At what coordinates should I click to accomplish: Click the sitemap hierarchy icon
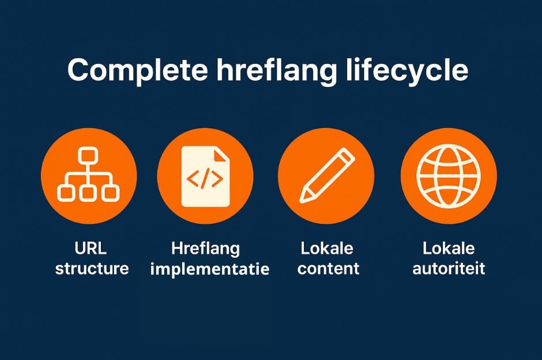89,175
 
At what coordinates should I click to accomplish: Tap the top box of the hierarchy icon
88,155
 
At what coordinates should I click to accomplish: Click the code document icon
205,175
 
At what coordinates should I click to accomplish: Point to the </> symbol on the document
204,180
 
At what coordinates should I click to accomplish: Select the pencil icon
326,175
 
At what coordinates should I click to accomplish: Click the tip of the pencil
303,198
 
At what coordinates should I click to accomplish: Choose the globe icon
448,175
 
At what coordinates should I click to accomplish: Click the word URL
91,249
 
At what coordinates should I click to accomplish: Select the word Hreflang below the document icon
205,249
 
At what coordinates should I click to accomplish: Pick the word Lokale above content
326,249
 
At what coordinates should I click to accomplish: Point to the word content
329,269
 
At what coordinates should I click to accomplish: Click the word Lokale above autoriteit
449,249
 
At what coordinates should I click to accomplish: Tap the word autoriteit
449,269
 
